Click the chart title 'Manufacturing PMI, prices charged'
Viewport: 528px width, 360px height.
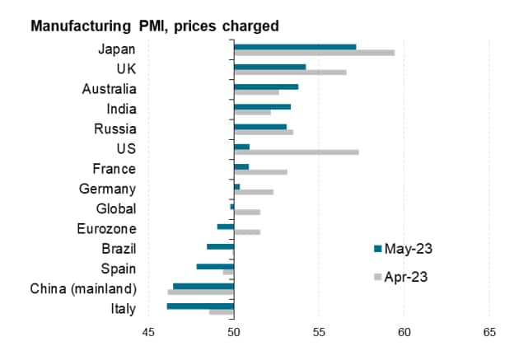[x=154, y=26]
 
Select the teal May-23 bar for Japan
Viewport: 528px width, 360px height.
[x=295, y=46]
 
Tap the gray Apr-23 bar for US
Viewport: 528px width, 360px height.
[x=296, y=152]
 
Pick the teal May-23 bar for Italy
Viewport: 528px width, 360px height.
[x=200, y=306]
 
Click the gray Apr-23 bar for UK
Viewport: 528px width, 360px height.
[x=290, y=72]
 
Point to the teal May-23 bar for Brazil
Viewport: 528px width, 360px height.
[x=220, y=246]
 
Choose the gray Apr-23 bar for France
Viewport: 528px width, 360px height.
[x=260, y=172]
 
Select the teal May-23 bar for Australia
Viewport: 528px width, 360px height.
[x=266, y=86]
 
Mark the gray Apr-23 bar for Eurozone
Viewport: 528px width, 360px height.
[x=247, y=232]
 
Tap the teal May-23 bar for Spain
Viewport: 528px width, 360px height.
[x=215, y=266]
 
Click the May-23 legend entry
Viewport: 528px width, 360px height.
[x=404, y=248]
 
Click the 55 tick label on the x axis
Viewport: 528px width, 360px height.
[x=320, y=333]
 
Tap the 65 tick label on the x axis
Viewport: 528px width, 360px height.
[x=490, y=333]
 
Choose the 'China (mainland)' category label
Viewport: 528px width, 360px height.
[x=83, y=288]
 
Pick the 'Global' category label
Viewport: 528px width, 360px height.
[x=116, y=208]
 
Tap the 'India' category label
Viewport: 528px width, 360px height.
[x=122, y=109]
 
